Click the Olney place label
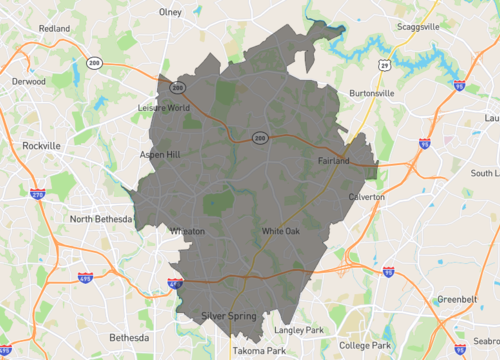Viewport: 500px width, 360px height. [170, 12]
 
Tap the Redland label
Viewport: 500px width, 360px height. [54, 29]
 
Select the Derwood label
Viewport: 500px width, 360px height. [28, 79]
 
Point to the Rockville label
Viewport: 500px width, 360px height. [41, 145]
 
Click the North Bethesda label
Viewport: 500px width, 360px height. [101, 219]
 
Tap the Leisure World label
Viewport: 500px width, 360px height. [163, 107]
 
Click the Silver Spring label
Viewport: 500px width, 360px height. [228, 316]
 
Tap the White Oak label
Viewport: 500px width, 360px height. [280, 232]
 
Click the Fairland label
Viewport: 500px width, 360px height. [333, 161]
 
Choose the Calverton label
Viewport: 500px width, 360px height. [366, 197]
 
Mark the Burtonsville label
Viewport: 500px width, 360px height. [371, 93]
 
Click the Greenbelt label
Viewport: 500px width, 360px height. [457, 299]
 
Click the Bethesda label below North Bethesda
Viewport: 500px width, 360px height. [128, 337]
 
